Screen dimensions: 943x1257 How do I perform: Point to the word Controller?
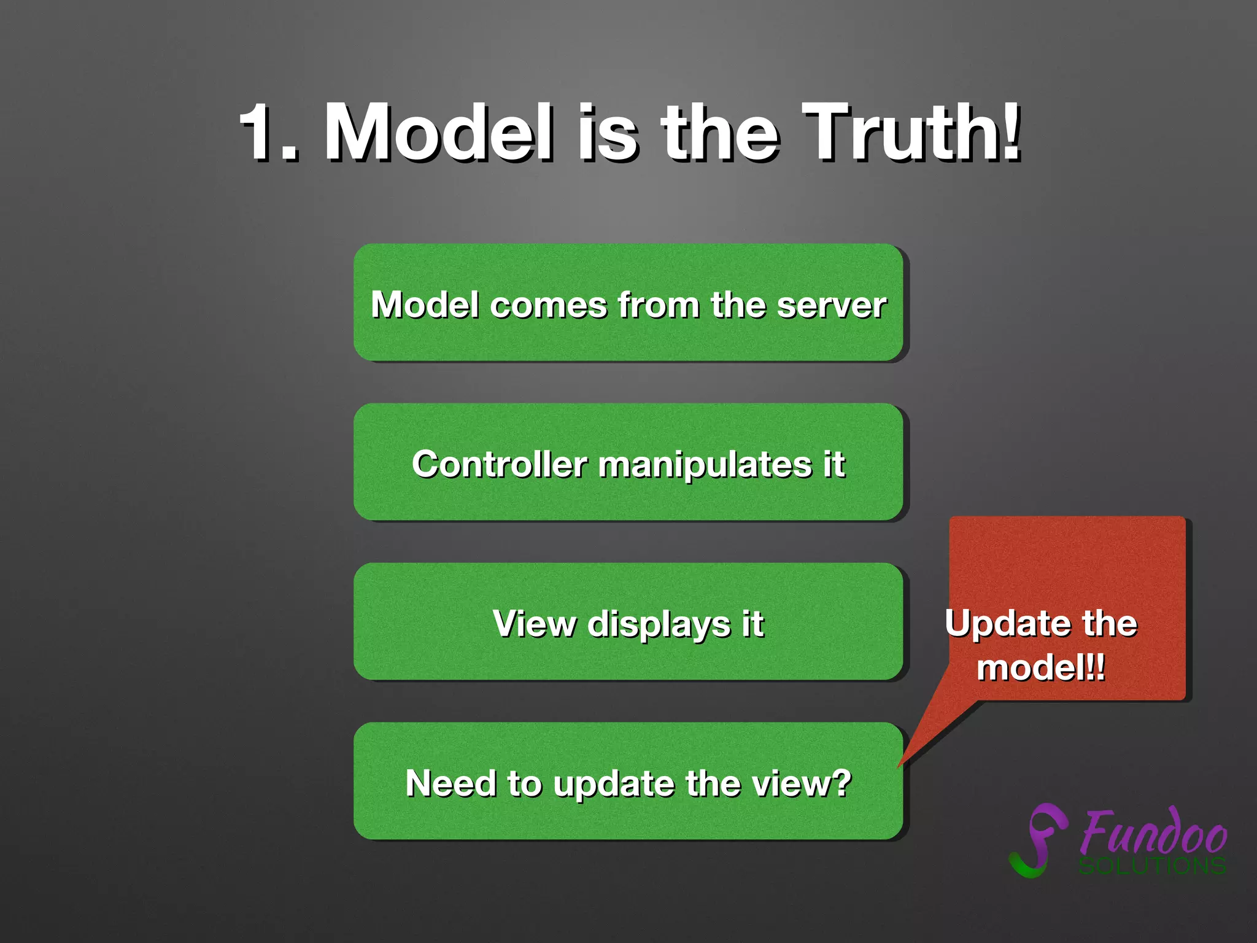(499, 465)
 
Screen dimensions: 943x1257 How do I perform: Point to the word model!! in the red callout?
(1041, 667)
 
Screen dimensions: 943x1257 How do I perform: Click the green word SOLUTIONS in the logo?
(1153, 866)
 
